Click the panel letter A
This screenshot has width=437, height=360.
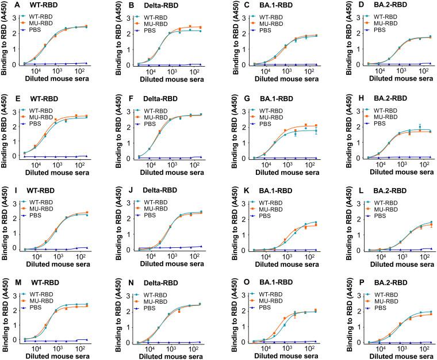point(5,6)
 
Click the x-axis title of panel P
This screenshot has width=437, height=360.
point(391,356)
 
